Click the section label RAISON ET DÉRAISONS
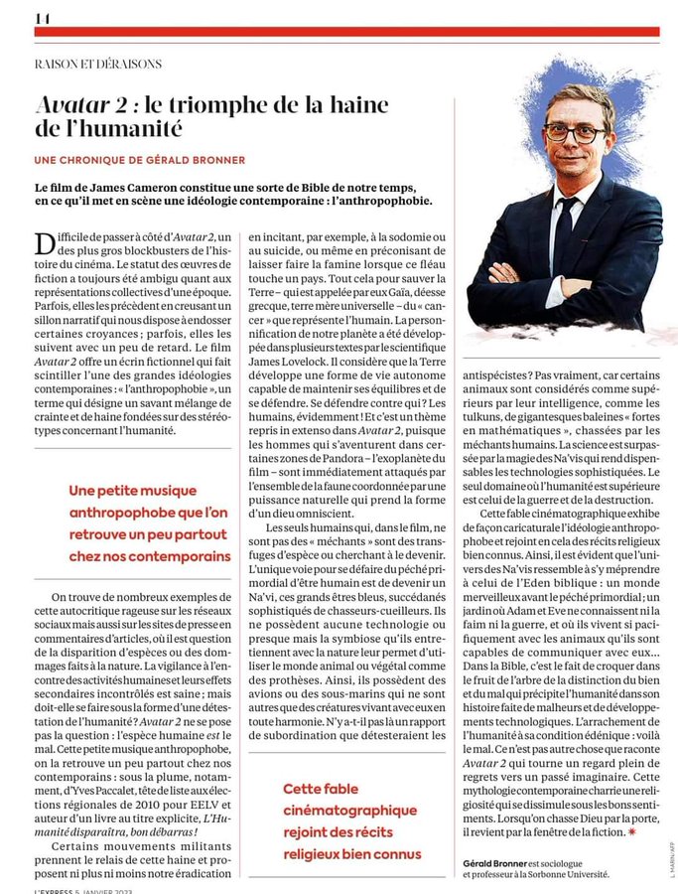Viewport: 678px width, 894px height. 97,64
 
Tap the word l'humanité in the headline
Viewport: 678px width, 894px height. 119,128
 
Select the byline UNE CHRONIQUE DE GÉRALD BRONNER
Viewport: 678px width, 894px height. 139,160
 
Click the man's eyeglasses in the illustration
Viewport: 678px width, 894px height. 573,131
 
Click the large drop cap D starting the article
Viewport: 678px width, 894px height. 44,243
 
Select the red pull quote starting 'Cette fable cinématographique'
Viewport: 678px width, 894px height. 349,820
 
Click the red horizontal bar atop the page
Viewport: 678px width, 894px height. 346,32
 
